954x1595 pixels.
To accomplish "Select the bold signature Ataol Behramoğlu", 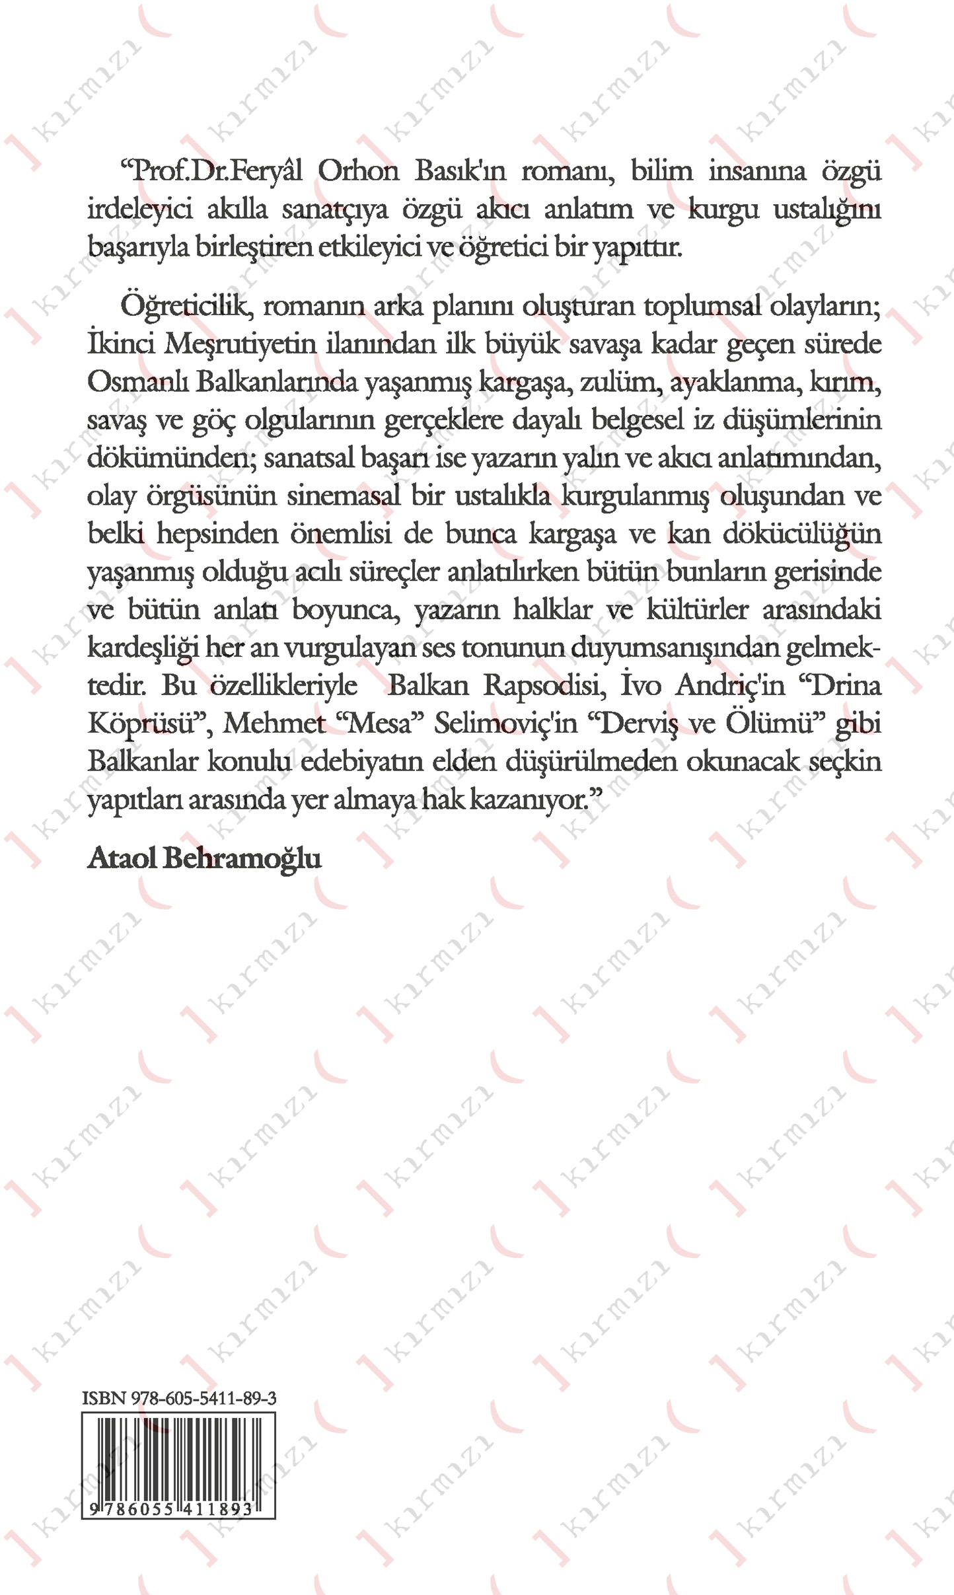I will tap(204, 858).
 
